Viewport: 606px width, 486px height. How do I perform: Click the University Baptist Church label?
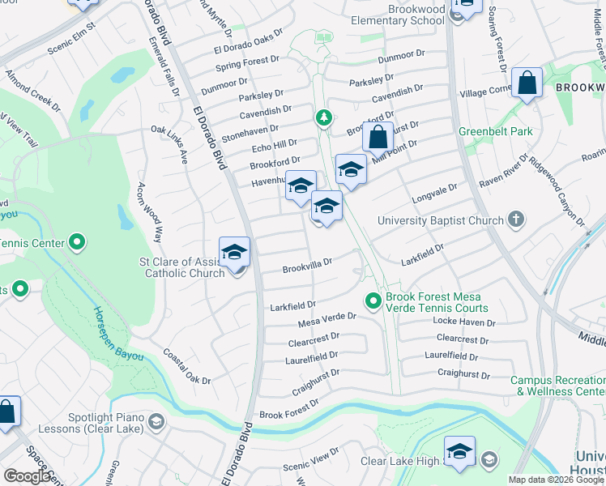(441, 220)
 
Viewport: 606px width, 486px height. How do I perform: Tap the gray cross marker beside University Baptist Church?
(515, 220)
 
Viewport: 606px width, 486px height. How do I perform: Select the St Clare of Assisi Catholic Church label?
(184, 267)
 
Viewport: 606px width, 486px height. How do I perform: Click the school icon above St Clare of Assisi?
(234, 253)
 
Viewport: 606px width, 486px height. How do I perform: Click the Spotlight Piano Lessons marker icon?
(156, 422)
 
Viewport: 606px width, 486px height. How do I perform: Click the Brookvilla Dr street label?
(308, 268)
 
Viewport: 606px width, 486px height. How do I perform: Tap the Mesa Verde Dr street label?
(328, 320)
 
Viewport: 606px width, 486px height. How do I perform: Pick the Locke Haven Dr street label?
(464, 322)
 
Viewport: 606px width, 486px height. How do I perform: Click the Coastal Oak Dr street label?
(187, 366)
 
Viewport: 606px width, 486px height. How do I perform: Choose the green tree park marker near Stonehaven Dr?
(324, 119)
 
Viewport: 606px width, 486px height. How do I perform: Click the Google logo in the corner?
(27, 476)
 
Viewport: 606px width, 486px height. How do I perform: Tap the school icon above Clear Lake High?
(459, 452)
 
